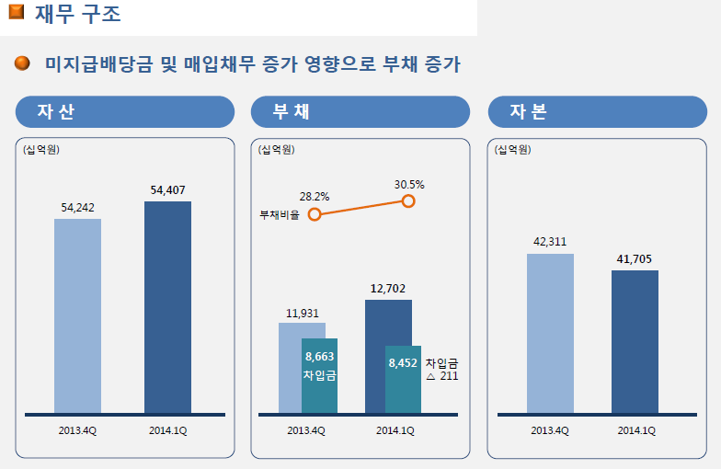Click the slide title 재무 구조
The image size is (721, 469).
click(x=77, y=15)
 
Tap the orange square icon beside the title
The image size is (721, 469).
click(x=16, y=13)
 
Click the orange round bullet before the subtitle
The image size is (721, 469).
click(x=23, y=63)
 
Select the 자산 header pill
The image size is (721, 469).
click(x=124, y=111)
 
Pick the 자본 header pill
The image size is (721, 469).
click(x=597, y=111)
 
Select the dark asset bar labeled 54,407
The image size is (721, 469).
click(x=167, y=307)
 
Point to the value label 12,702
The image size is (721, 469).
click(x=388, y=288)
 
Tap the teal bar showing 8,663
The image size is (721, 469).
click(x=320, y=376)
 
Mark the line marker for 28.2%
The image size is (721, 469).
click(x=315, y=214)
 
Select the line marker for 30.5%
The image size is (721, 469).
click(x=409, y=200)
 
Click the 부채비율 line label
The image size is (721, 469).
click(x=280, y=215)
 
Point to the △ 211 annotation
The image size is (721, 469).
click(x=442, y=376)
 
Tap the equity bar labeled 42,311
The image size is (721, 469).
click(x=550, y=333)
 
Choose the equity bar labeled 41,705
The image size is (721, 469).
click(x=635, y=341)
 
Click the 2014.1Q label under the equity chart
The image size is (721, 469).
click(x=635, y=430)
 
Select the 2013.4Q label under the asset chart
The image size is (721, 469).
click(x=77, y=430)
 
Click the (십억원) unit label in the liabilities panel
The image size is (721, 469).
click(x=276, y=149)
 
